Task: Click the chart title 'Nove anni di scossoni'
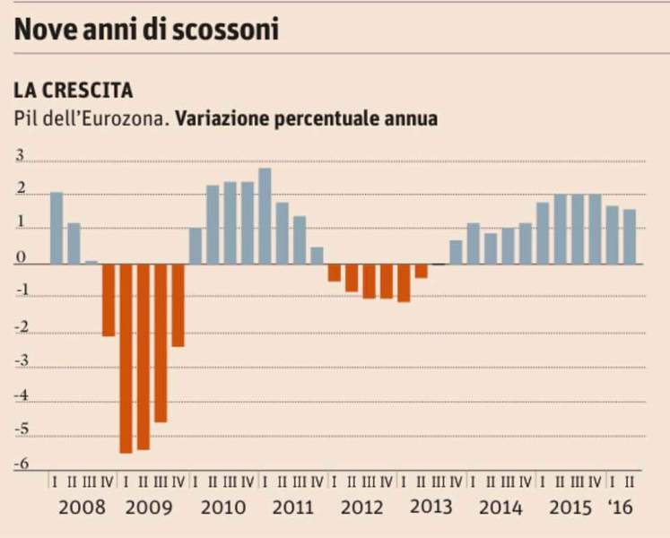(x=145, y=29)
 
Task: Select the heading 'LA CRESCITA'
(x=74, y=91)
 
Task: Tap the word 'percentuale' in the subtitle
(x=331, y=118)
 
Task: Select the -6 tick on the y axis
(x=19, y=464)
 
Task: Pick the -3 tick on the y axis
(x=19, y=362)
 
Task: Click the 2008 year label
(x=82, y=508)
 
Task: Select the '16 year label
(x=620, y=508)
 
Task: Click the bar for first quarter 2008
(x=57, y=228)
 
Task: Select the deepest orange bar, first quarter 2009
(x=126, y=358)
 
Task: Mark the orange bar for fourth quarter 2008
(x=109, y=299)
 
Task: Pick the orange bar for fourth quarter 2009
(x=178, y=305)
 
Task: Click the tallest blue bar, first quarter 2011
(x=265, y=216)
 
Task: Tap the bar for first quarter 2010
(x=196, y=246)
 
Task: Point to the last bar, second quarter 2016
(x=630, y=237)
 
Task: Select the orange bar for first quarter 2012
(x=335, y=273)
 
